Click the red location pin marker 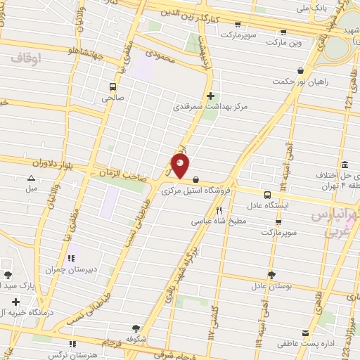[x=181, y=167]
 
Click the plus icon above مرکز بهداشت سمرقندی [x=210, y=96]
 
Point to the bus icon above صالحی [x=112, y=86]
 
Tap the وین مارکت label [x=283, y=43]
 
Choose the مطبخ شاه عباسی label [x=220, y=220]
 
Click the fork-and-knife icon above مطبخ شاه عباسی [x=219, y=210]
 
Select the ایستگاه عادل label [x=267, y=206]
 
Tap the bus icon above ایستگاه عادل [x=267, y=195]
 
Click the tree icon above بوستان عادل [x=271, y=275]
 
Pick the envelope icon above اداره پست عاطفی [x=304, y=333]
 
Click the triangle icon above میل [x=31, y=179]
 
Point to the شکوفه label [x=136, y=338]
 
